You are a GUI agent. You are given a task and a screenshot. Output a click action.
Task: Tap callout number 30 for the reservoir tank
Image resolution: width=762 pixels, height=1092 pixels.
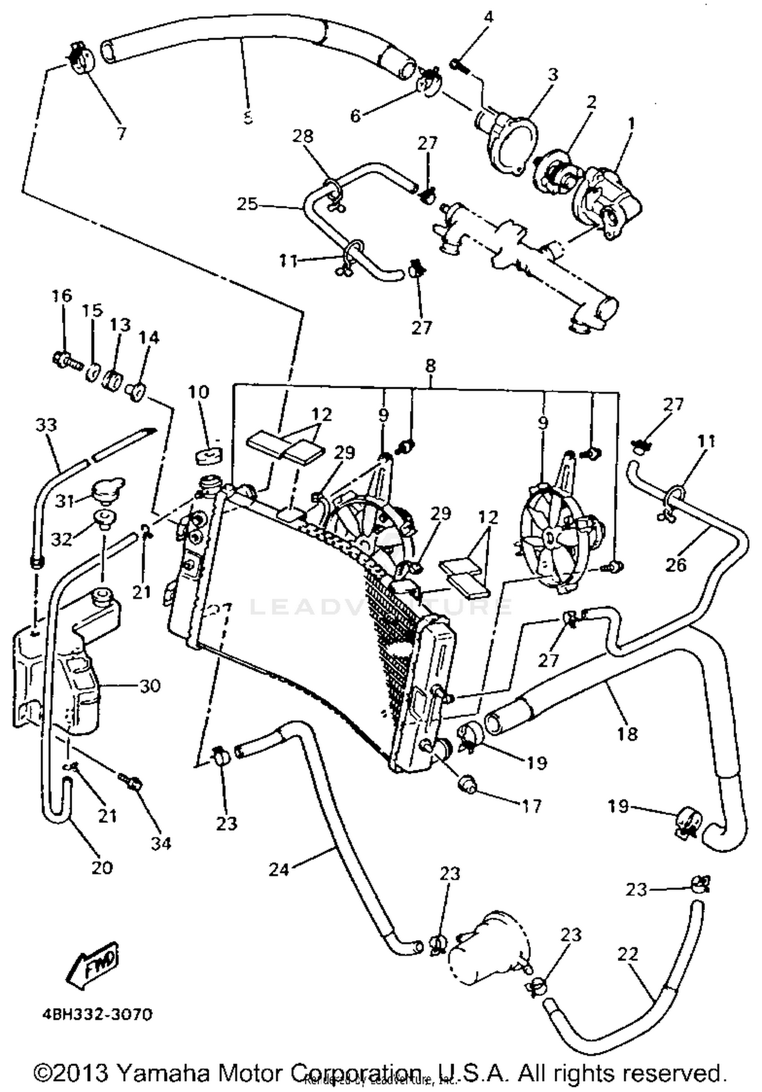click(149, 686)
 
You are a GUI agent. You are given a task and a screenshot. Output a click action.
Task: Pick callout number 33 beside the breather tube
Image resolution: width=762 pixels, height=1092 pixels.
click(46, 424)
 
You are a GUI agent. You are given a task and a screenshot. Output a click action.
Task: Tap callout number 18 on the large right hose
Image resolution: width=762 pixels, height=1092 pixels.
click(628, 733)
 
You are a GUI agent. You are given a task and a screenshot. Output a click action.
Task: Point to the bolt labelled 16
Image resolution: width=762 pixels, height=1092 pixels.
click(67, 360)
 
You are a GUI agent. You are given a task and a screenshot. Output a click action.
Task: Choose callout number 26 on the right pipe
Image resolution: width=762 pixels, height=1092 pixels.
click(676, 565)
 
